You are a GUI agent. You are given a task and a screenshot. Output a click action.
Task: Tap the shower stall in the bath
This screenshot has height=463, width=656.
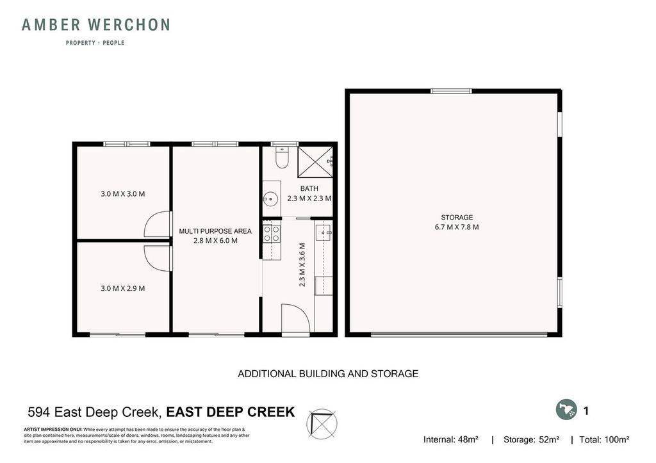[315, 162]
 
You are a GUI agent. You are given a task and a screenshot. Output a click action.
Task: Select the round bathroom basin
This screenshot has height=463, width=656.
[270, 199]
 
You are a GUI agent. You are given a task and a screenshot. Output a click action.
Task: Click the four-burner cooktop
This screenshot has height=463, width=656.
[271, 232]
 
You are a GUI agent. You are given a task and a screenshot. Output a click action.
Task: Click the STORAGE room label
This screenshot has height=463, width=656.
[457, 218]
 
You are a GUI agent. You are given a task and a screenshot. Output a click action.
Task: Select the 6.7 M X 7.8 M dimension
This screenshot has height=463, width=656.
[457, 227]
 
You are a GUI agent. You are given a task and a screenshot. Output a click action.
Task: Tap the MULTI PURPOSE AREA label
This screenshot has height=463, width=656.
[215, 231]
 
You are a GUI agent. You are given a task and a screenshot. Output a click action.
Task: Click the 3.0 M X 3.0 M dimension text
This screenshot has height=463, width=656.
[123, 194]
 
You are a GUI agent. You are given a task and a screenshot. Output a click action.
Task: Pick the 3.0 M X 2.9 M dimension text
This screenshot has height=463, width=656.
[123, 288]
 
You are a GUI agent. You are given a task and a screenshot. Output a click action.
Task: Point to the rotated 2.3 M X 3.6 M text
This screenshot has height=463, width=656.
[302, 264]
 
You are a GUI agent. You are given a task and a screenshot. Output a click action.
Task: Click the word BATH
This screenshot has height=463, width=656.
[309, 189]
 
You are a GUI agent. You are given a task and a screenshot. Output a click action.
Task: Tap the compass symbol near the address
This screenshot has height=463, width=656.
[322, 424]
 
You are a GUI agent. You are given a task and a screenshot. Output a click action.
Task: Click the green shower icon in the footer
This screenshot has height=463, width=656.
[566, 410]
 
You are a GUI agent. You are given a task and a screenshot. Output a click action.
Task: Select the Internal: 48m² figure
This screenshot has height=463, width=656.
[451, 440]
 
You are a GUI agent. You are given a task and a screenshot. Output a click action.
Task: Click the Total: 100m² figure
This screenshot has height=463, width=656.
[604, 440]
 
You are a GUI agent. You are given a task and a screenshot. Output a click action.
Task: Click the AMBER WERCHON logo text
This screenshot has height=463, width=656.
[96, 25]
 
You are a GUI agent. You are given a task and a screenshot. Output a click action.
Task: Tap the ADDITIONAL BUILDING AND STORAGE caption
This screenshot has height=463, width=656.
[328, 374]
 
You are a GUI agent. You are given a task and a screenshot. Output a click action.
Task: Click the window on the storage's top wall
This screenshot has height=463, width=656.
[451, 92]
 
